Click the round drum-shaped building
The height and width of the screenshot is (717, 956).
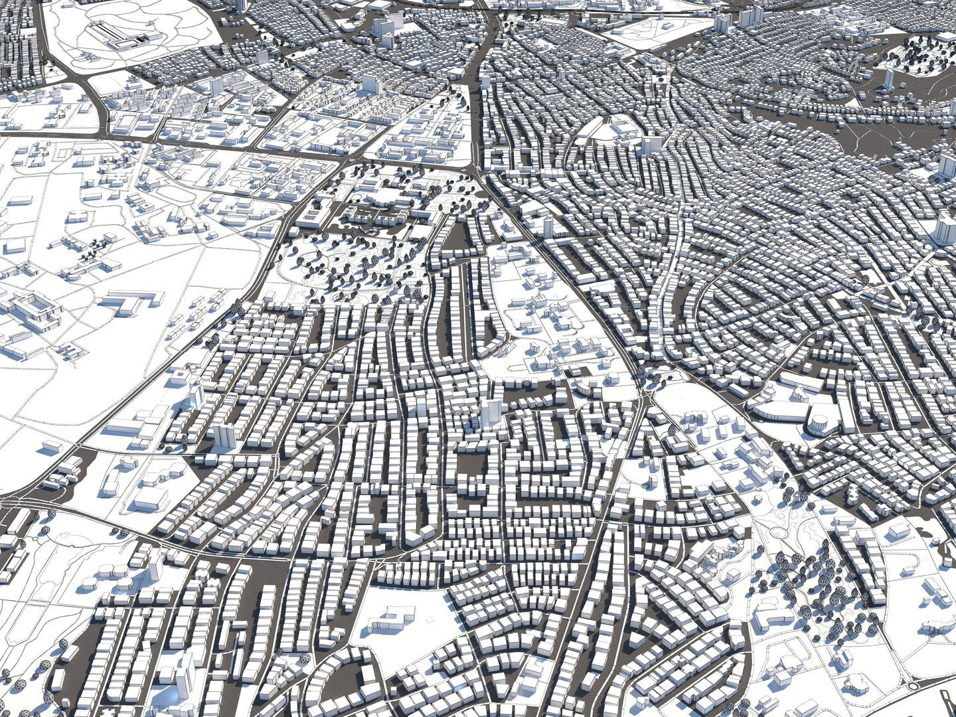click(x=823, y=420)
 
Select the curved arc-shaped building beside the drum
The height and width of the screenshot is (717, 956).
click(x=783, y=412)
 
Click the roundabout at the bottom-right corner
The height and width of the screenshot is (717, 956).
click(x=916, y=686)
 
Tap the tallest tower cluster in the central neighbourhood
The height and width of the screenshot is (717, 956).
click(x=492, y=412)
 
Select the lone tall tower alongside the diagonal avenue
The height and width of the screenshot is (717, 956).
click(x=547, y=226)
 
